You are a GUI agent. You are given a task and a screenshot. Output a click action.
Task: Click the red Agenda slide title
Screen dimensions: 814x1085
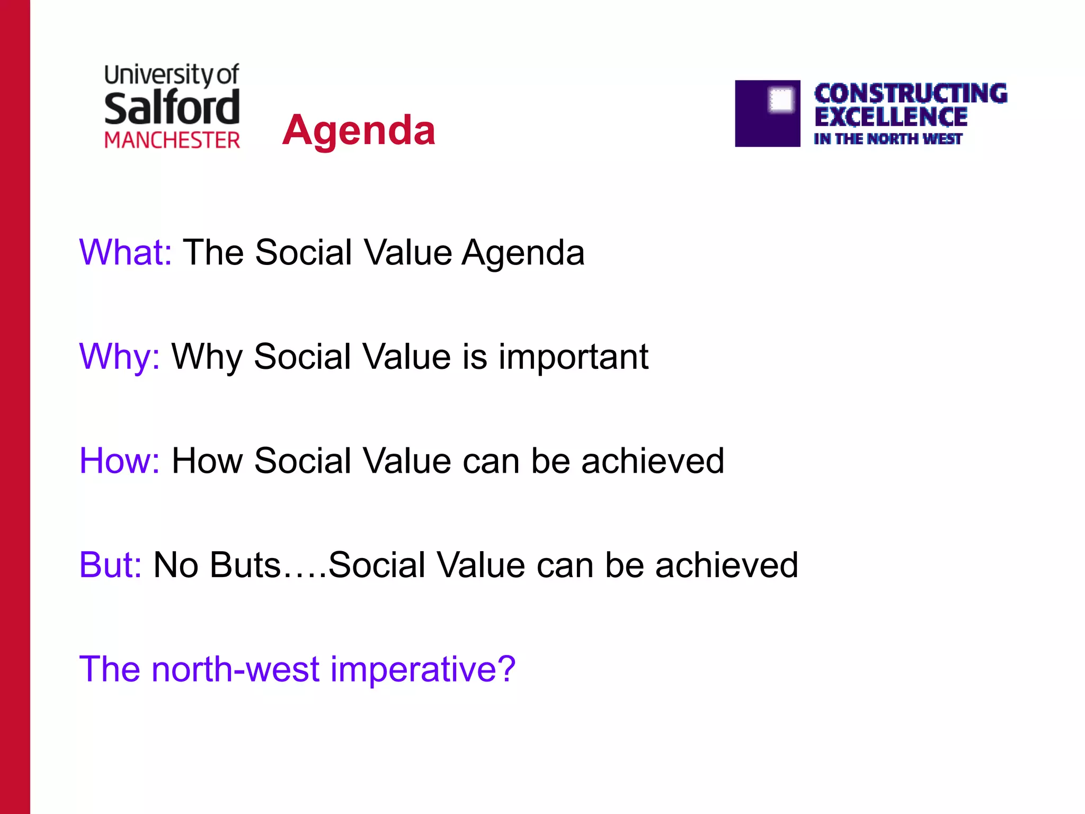click(359, 130)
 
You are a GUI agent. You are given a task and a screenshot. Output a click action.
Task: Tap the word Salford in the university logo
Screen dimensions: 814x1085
click(172, 108)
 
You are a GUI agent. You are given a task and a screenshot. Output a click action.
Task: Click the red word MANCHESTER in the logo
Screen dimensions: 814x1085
click(172, 140)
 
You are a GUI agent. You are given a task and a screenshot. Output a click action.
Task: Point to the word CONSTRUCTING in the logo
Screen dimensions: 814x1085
click(910, 94)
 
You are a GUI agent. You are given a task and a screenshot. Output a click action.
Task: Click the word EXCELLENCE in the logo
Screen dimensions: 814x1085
click(891, 117)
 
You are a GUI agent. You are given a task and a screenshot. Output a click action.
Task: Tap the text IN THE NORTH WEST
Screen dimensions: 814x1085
click(887, 139)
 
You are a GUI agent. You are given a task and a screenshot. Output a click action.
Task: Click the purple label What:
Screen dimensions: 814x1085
click(126, 252)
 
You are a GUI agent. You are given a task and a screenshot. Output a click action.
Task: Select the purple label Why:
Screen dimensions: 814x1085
click(120, 357)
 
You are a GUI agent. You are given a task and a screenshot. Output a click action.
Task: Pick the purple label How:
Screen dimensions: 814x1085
click(120, 461)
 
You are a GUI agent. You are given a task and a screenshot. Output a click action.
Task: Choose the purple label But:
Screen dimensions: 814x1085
click(110, 565)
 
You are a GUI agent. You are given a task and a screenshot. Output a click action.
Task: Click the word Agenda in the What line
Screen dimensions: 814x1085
click(523, 253)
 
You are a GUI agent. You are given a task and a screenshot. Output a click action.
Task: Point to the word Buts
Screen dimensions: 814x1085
click(245, 565)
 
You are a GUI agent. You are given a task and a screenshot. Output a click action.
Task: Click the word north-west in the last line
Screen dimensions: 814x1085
click(236, 669)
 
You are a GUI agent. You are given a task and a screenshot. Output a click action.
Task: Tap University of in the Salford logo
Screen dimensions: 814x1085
click(172, 75)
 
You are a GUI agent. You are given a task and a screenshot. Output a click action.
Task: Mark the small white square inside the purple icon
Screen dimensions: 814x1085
click(781, 99)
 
